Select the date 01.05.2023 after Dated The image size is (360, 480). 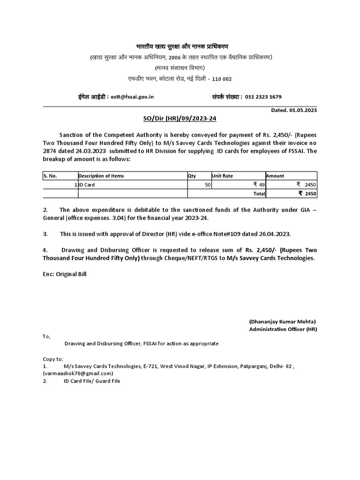point(303,110)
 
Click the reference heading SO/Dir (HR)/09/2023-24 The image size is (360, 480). point(180,119)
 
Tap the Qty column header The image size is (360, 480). point(192,176)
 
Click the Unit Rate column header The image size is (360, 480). point(223,176)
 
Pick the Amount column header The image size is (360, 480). point(275,176)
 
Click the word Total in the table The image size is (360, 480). point(259,193)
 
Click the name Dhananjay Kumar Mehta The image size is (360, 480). point(282,322)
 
